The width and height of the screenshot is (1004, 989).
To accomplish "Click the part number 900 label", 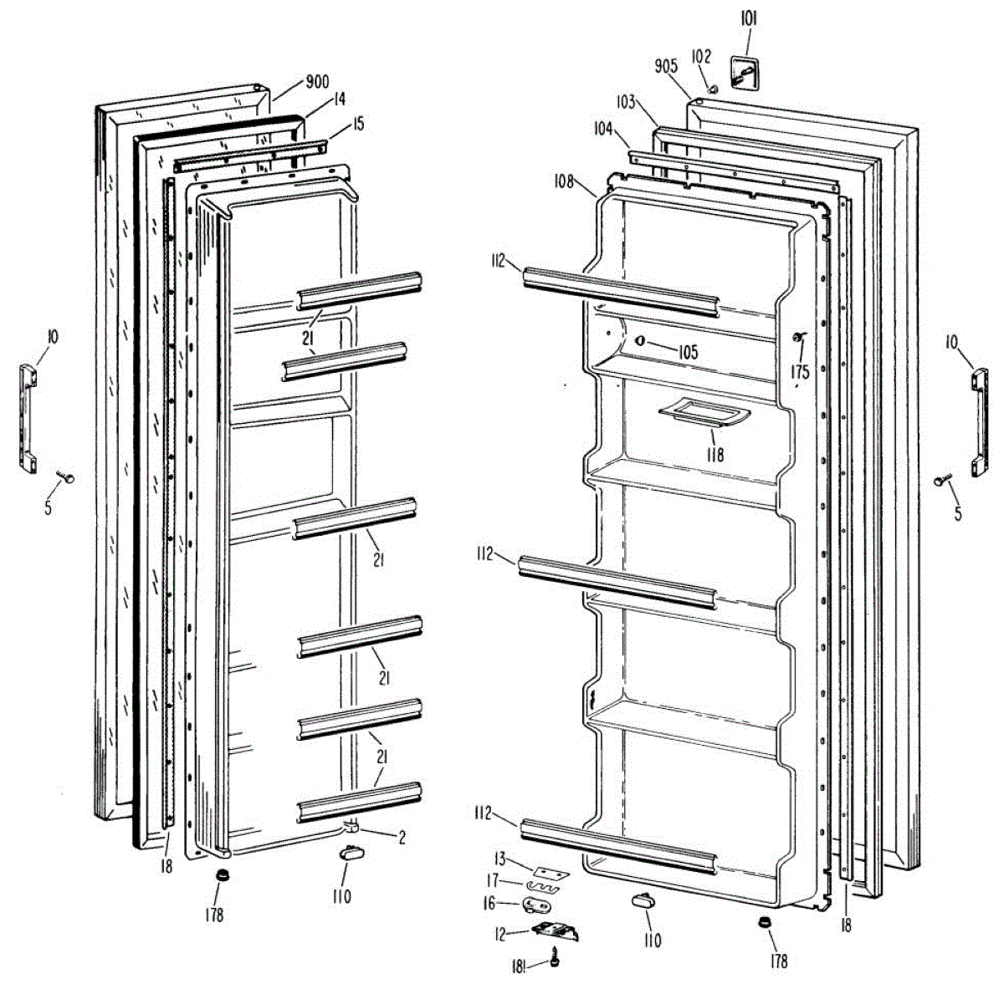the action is (317, 82).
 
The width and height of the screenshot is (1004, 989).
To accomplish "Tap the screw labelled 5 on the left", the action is (67, 477).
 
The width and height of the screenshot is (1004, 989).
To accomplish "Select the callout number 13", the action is (500, 859).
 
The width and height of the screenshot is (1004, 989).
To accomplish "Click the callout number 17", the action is (493, 880).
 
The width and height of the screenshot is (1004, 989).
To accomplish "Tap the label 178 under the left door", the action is (215, 915).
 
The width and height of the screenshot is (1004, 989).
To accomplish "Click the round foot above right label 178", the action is (763, 922).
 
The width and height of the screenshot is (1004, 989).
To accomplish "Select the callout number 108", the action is (563, 180).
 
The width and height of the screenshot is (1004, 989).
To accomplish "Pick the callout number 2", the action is (402, 838).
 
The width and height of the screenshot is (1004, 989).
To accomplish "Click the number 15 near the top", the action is (357, 124).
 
